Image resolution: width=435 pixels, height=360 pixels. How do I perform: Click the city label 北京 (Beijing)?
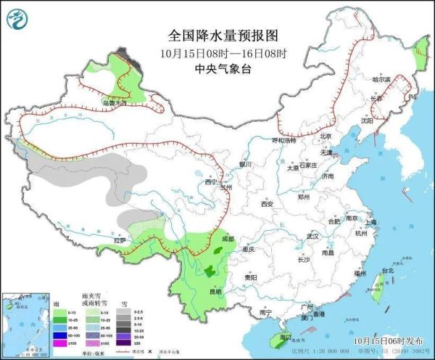coord(326,136)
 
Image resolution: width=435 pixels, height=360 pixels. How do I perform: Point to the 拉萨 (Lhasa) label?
coord(118,240)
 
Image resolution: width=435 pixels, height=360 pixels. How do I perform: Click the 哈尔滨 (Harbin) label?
coord(381,78)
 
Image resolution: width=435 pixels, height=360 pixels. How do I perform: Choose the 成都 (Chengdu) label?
coord(228,238)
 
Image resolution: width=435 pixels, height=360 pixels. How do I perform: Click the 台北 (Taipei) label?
coord(387,270)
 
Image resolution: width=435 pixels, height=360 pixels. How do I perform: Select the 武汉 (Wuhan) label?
coord(312,237)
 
